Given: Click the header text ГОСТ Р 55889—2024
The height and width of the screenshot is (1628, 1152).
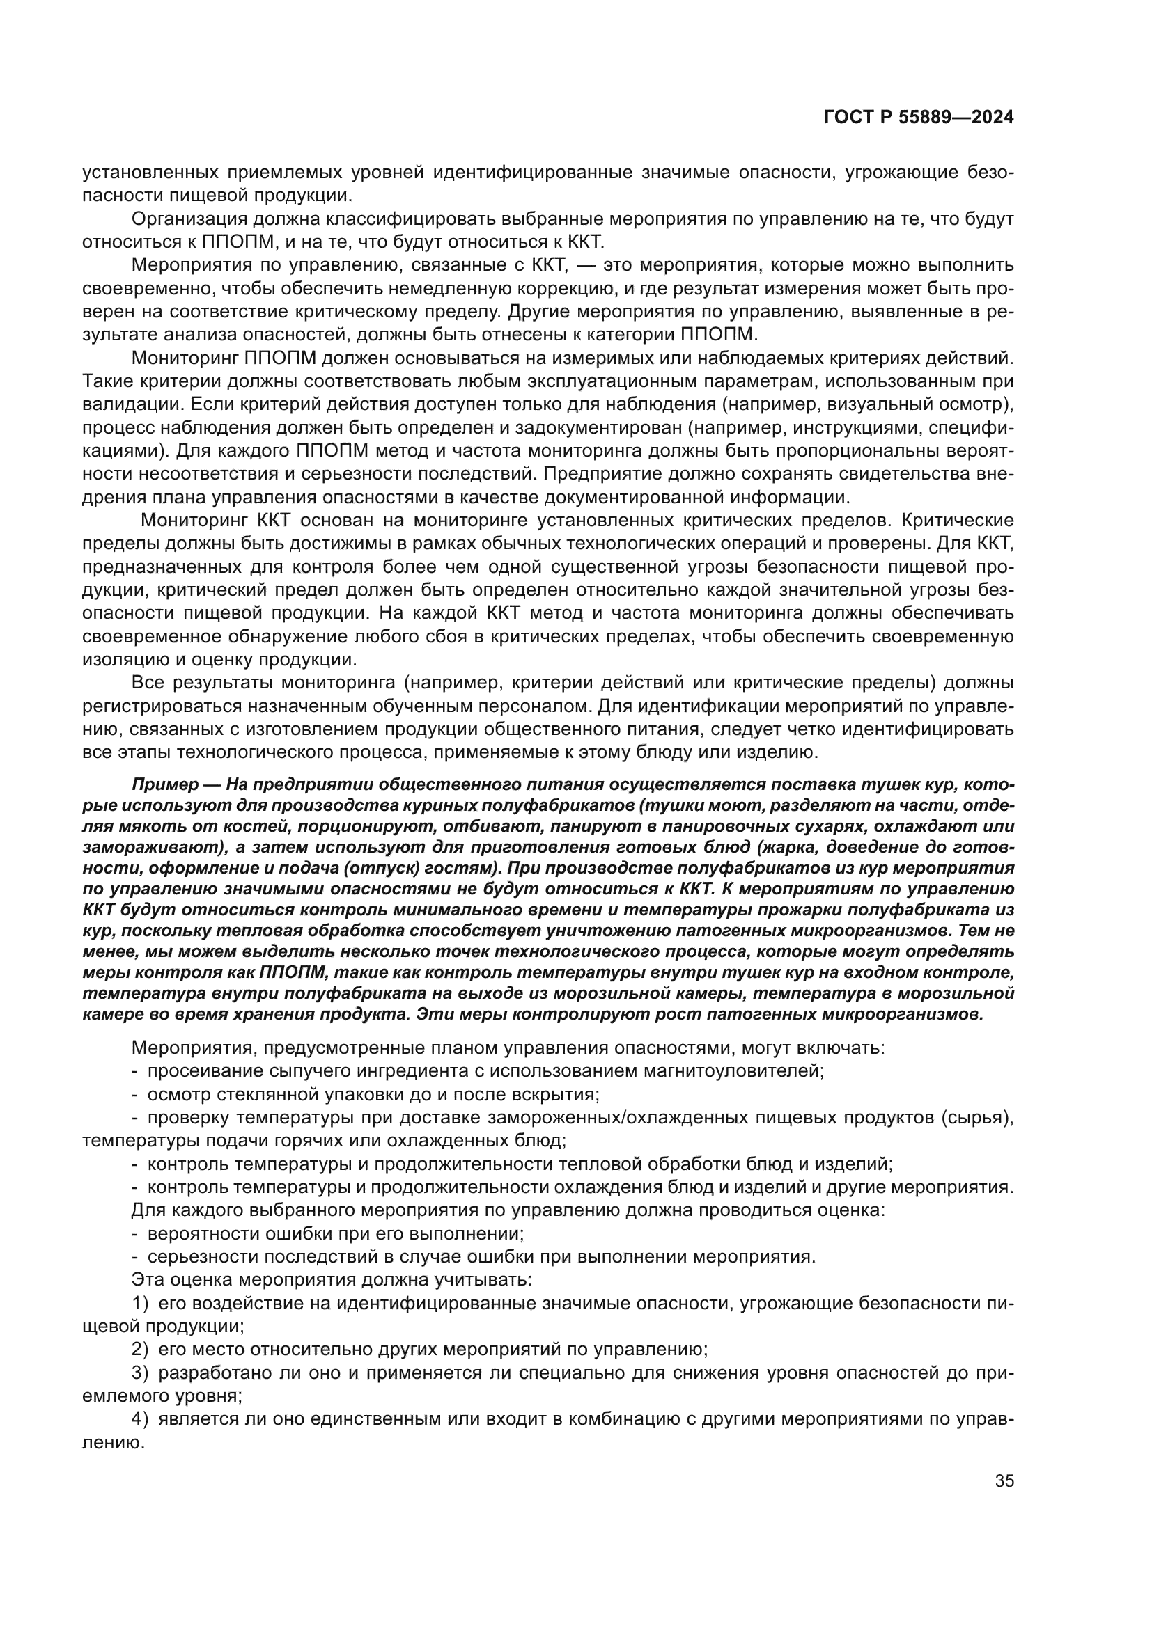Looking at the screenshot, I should point(918,118).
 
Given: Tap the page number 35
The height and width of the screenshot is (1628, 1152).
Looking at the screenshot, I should point(1004,1480).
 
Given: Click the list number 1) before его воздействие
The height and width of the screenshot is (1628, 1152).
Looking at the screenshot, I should point(141,1302).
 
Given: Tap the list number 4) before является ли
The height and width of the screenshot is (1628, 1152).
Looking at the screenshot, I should point(141,1418).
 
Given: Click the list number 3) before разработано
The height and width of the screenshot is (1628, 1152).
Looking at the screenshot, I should point(141,1373).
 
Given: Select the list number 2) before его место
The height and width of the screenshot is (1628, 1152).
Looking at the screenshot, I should point(141,1350).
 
